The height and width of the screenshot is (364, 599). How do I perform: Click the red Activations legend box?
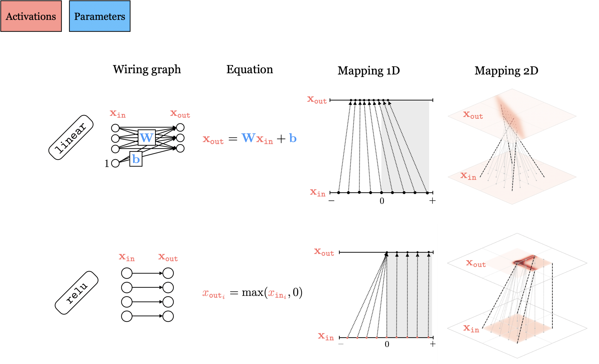pyautogui.click(x=31, y=16)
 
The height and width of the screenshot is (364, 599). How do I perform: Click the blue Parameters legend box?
pyautogui.click(x=100, y=16)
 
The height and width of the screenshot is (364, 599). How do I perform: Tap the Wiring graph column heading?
pyautogui.click(x=147, y=70)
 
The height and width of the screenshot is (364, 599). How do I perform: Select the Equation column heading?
pyautogui.click(x=249, y=70)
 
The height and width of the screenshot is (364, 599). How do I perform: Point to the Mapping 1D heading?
pyautogui.click(x=368, y=71)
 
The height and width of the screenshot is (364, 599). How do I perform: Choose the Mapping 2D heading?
pyautogui.click(x=506, y=71)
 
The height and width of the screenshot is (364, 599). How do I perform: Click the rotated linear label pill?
pyautogui.click(x=71, y=138)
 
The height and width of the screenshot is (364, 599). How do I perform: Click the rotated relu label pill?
pyautogui.click(x=77, y=293)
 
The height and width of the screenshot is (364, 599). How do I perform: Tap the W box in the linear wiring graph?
pyautogui.click(x=146, y=138)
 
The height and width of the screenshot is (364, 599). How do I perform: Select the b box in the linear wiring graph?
pyautogui.click(x=136, y=159)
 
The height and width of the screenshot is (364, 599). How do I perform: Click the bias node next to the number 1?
pyautogui.click(x=115, y=163)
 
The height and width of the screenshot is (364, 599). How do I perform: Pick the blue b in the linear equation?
pyautogui.click(x=293, y=138)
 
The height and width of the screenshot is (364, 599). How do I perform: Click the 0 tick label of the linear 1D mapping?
pyautogui.click(x=382, y=201)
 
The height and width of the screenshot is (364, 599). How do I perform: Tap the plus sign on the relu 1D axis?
pyautogui.click(x=433, y=344)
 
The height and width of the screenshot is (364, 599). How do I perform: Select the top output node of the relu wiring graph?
pyautogui.click(x=168, y=273)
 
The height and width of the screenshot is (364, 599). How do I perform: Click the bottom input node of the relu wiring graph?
pyautogui.click(x=126, y=316)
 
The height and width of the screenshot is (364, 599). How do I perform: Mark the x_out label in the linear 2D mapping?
pyautogui.click(x=473, y=115)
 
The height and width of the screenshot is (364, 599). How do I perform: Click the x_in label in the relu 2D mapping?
pyautogui.click(x=471, y=328)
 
